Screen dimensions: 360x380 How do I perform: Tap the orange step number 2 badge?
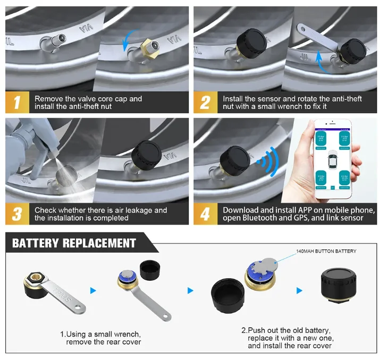coord(205,102)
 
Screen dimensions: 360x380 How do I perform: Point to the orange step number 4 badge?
coord(205,214)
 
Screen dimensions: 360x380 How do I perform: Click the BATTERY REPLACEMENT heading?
coord(74,244)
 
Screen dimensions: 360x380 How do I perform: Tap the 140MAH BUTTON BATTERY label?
coord(326,251)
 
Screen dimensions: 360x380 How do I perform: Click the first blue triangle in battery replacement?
coord(93,291)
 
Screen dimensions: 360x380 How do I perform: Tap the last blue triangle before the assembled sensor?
coord(299,291)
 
